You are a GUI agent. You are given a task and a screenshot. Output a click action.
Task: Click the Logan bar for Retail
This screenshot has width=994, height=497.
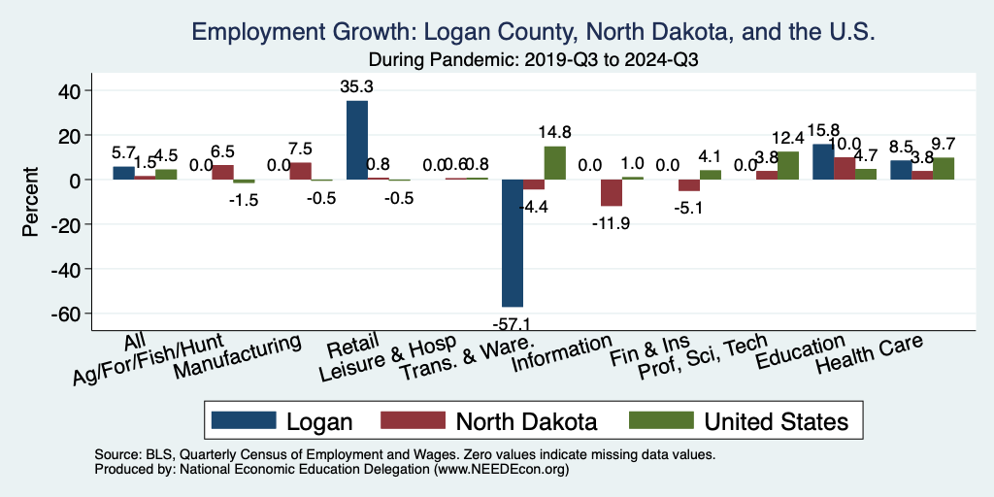pos(357,141)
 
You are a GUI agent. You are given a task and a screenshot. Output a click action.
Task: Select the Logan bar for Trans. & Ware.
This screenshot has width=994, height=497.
pos(513,243)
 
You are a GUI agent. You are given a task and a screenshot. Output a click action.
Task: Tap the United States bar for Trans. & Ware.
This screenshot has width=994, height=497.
pos(554,163)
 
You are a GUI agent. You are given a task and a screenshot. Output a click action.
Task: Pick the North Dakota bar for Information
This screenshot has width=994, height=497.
pos(612,192)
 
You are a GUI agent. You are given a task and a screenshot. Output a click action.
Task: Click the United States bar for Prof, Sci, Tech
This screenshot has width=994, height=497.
pos(787,166)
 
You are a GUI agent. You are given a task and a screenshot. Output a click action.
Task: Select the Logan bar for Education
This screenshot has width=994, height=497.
pos(823,162)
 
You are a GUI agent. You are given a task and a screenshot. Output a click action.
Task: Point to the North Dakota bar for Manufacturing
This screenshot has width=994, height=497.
pos(301,172)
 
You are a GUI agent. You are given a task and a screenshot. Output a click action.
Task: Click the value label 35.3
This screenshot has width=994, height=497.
pos(357,85)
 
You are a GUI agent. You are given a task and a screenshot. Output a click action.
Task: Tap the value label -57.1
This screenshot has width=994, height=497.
pos(513,321)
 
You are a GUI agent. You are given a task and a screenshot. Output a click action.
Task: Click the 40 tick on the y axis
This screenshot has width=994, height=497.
pos(76,91)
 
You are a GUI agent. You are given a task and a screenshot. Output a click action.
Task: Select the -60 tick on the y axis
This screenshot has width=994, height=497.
pos(72,314)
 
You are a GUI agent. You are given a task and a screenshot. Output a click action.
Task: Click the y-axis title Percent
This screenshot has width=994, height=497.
pos(31,204)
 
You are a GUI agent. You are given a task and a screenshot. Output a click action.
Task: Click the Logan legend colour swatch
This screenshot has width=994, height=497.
pos(242,420)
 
